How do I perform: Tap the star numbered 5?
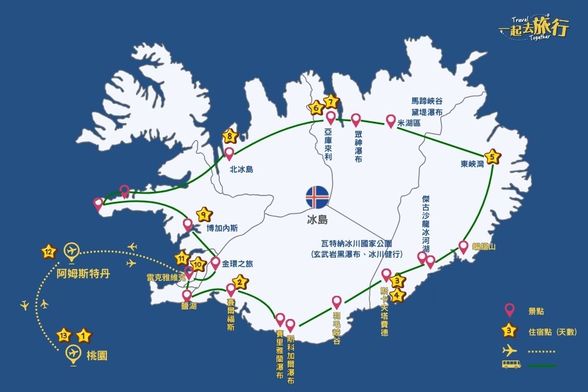[492, 157]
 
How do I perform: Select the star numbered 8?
[230, 137]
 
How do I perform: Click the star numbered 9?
[204, 214]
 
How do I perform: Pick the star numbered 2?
[240, 282]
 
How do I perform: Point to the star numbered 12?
[49, 252]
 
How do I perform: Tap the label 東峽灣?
[472, 165]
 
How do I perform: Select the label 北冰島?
[241, 169]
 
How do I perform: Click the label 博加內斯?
[222, 227]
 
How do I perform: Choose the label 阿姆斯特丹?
[84, 276]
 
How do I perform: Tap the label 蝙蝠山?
[483, 246]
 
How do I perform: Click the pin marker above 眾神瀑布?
[356, 120]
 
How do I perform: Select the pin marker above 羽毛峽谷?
[337, 302]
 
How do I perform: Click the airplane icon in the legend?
[509, 350]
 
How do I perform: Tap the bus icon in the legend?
[510, 365]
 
